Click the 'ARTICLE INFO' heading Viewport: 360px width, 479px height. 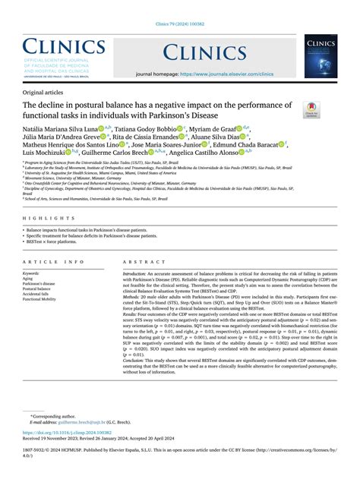pos(54,261)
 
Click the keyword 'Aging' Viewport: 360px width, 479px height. pos(30,279)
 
